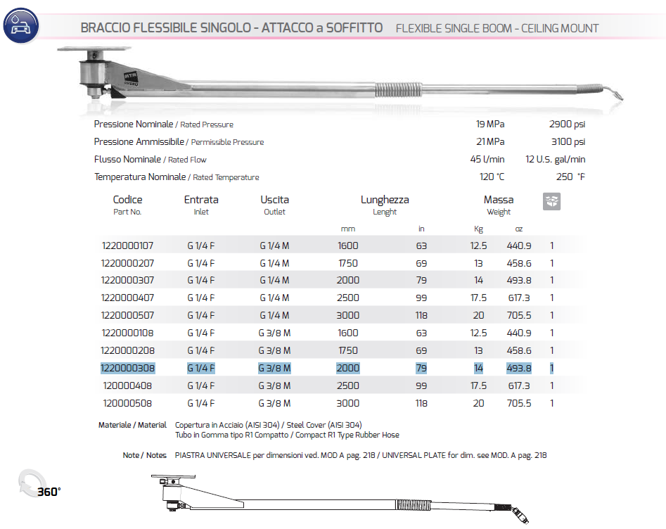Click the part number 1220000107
[x=127, y=246]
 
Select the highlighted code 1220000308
[x=127, y=368]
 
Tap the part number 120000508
[x=127, y=403]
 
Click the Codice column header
[x=127, y=200]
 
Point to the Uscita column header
[x=274, y=200]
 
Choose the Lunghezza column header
[x=385, y=200]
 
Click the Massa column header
[x=499, y=200]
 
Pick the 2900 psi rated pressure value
[x=567, y=125]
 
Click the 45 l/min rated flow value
[x=487, y=160]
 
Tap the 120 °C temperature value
[x=492, y=177]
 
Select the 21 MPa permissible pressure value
[x=490, y=142]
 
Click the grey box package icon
[x=552, y=202]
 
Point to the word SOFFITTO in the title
[x=354, y=28]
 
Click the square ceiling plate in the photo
[x=95, y=51]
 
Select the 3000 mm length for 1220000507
[x=347, y=315]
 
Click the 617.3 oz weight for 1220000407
[x=519, y=298]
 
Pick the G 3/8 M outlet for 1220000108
[x=274, y=333]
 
